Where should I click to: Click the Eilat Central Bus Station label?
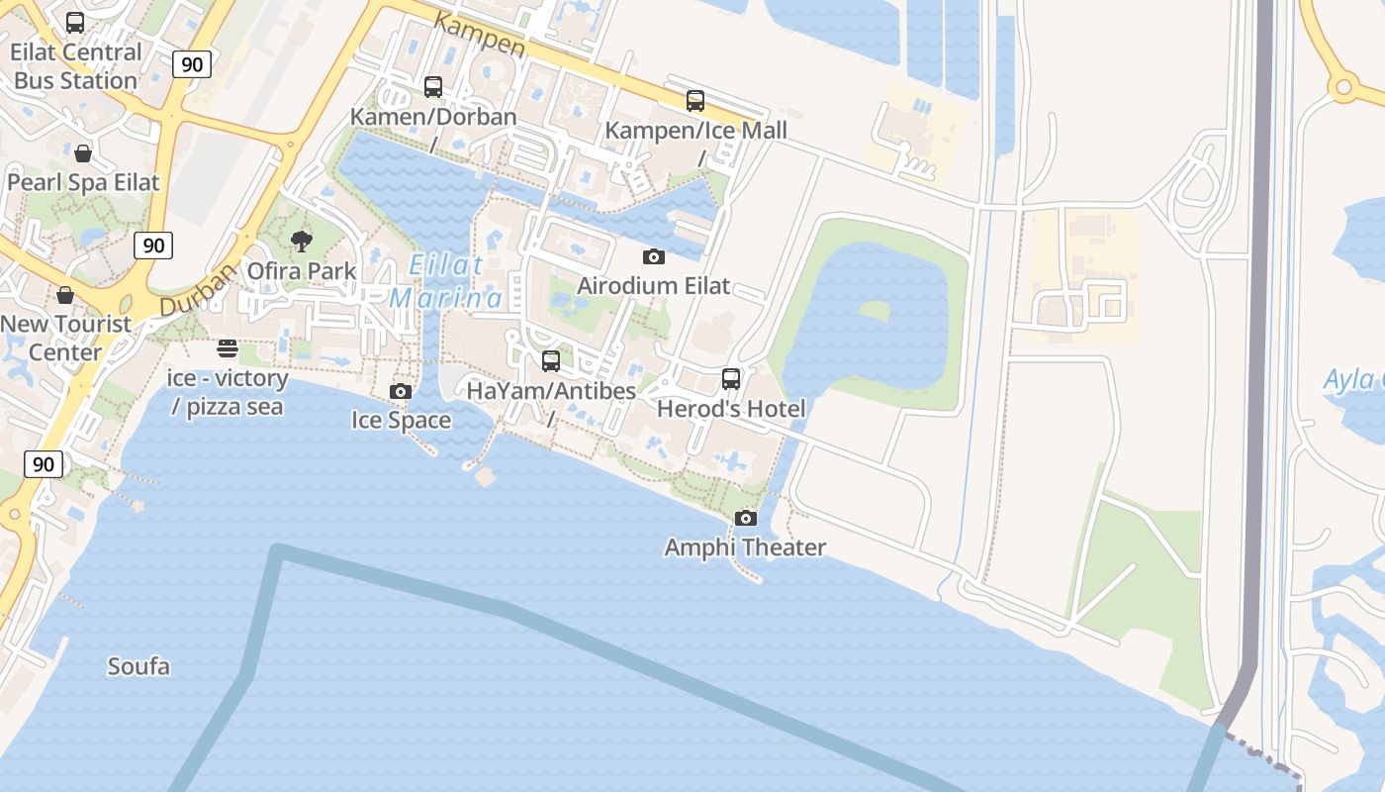tap(76, 66)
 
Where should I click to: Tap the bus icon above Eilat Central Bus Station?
tap(75, 23)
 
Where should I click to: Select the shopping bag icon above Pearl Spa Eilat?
tap(83, 153)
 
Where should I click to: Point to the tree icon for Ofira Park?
tap(302, 241)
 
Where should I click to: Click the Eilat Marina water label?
tap(446, 281)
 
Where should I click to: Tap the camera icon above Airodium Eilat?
tap(654, 257)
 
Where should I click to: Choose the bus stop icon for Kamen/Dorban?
tap(433, 87)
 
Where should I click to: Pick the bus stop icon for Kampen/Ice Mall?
tap(695, 101)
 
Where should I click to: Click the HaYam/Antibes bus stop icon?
tap(551, 361)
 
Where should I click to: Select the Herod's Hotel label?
tap(731, 408)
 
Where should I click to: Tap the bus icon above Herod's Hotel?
tap(731, 378)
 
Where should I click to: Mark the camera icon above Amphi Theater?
tap(746, 518)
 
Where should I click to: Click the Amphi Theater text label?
tap(745, 547)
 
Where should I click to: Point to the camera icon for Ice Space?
tap(401, 391)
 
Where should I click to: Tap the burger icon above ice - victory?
tap(228, 348)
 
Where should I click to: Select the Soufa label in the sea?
tap(138, 666)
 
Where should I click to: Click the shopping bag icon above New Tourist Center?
tap(65, 295)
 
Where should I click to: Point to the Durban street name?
tap(197, 289)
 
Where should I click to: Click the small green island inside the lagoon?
tap(874, 310)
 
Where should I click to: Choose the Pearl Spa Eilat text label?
tap(83, 182)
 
